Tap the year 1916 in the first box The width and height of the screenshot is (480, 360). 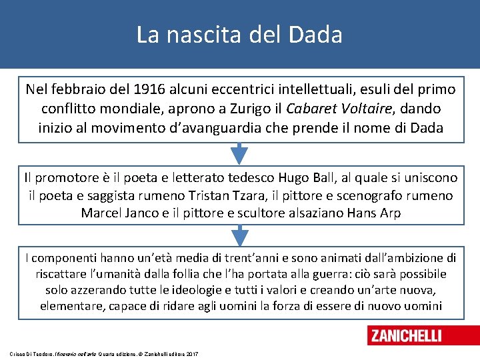tap(152, 89)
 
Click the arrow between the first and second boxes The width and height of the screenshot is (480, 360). tap(239, 155)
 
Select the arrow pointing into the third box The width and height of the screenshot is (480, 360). tap(239, 235)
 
